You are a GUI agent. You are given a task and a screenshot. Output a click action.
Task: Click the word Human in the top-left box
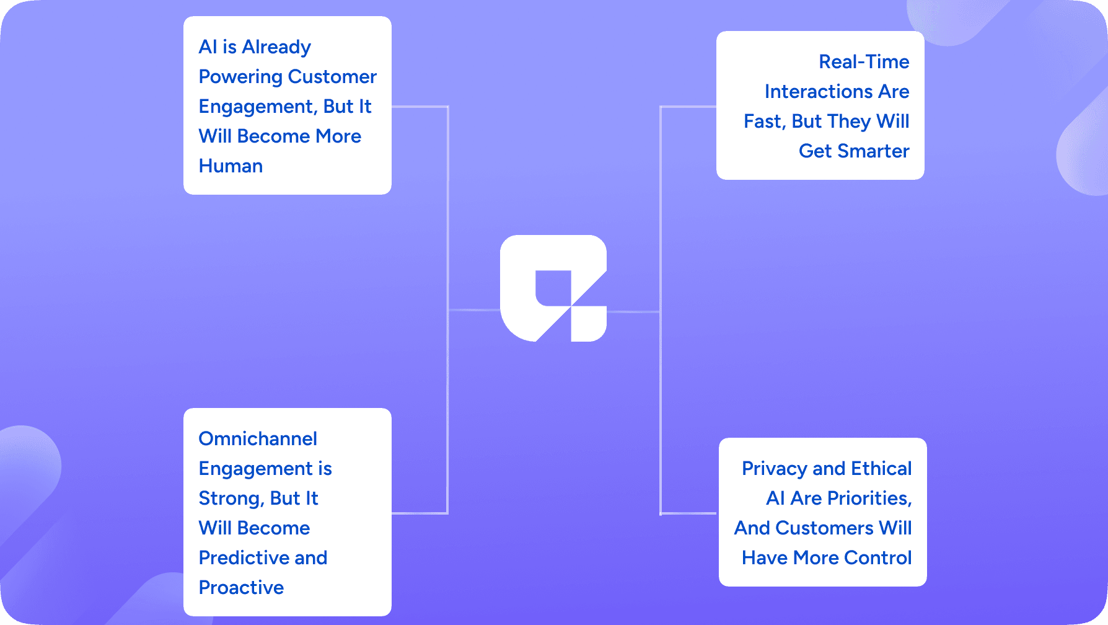click(x=231, y=166)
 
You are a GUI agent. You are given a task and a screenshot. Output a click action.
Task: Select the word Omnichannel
click(x=258, y=439)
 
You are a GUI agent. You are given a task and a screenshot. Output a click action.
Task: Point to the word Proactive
click(x=241, y=588)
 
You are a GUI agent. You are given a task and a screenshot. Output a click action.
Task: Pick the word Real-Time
click(x=864, y=62)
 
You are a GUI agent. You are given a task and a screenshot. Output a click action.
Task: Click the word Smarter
click(x=873, y=151)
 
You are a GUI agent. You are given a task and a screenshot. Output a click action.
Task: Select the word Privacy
click(x=774, y=469)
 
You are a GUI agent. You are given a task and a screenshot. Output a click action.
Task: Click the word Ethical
click(x=881, y=469)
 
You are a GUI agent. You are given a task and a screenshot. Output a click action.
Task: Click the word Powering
click(x=240, y=77)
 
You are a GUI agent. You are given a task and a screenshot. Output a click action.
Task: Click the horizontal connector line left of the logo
click(x=474, y=309)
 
